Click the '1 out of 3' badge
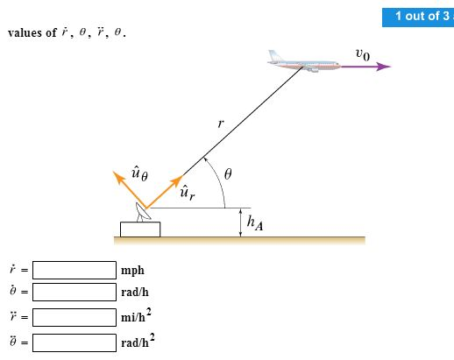(416, 16)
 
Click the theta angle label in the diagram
(228, 174)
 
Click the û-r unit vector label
(186, 192)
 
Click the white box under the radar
(140, 229)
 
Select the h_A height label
(255, 225)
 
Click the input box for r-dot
(74, 270)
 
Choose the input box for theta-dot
(74, 293)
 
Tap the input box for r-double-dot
(74, 316)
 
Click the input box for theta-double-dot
(74, 341)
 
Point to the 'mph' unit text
(133, 271)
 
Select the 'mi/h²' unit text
(137, 316)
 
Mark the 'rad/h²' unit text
(138, 340)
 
